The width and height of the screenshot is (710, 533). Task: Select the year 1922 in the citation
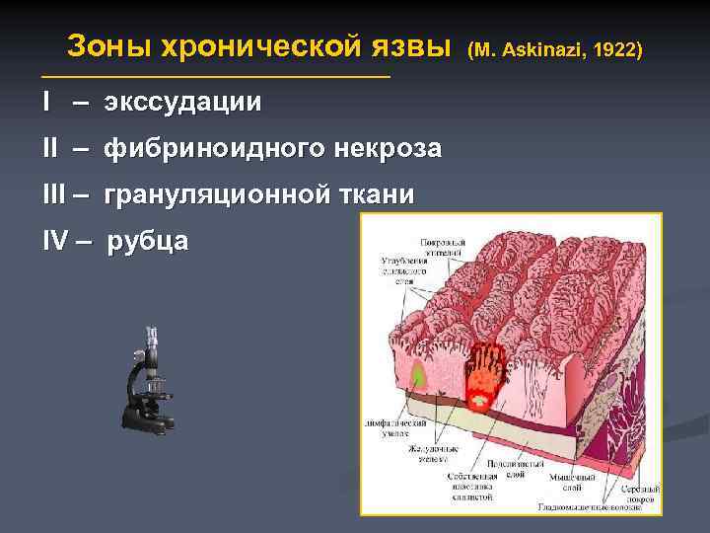[613, 49]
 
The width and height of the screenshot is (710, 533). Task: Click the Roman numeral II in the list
[50, 149]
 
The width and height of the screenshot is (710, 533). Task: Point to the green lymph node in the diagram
[419, 375]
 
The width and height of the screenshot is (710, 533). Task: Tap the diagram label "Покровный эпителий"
[443, 246]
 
